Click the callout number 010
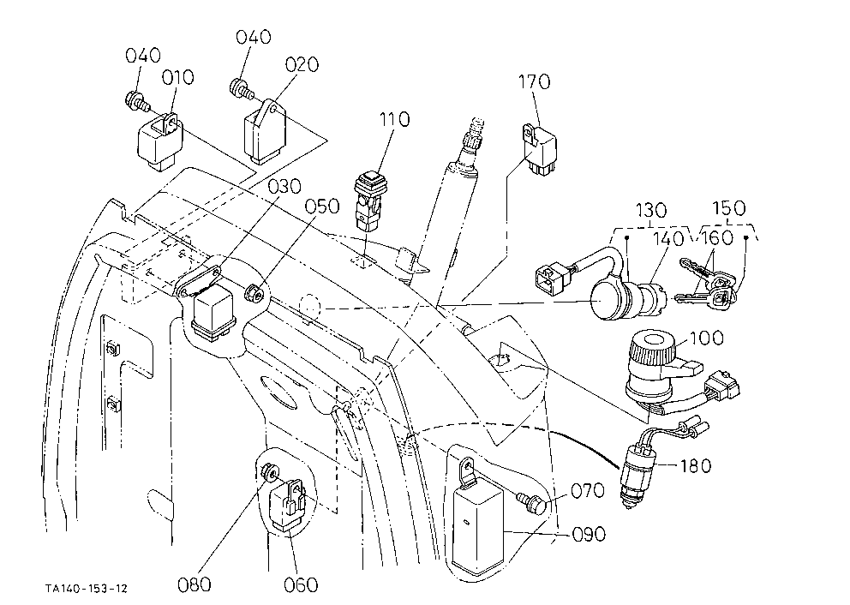(x=178, y=77)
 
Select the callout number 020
(x=302, y=65)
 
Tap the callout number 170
(x=534, y=82)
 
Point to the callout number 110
(x=394, y=119)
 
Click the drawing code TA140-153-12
(x=87, y=588)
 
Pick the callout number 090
(x=589, y=534)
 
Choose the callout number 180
(x=695, y=465)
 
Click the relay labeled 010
(x=159, y=141)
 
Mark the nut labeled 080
(x=269, y=473)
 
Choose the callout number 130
(x=650, y=210)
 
